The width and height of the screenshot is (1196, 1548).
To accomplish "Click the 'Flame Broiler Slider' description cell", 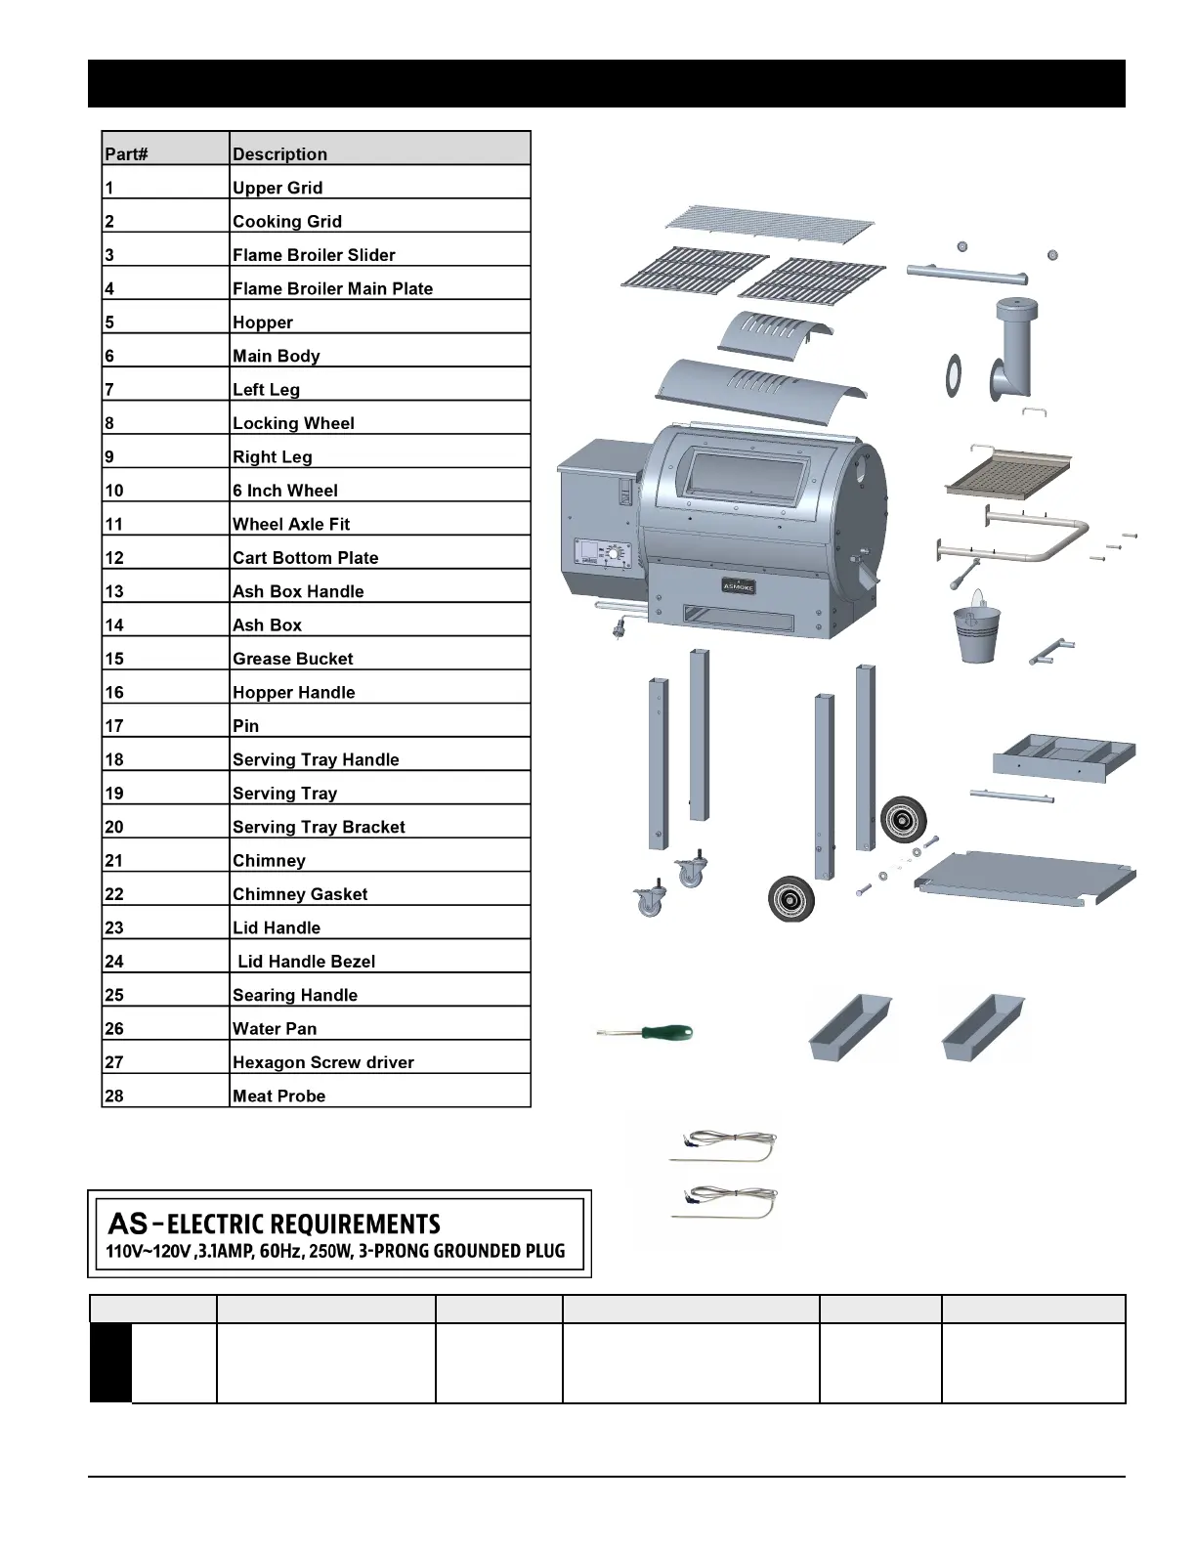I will [314, 255].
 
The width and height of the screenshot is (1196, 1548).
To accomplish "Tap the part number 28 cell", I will [114, 1096].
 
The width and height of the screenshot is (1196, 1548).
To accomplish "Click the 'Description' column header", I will [279, 153].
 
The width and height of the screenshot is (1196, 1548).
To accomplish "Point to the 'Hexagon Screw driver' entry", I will [322, 1062].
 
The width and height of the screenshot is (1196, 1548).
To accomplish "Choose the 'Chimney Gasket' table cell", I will [300, 894].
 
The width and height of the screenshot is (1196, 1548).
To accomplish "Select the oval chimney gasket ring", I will [953, 375].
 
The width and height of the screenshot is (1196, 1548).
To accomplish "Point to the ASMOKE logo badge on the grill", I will [738, 585].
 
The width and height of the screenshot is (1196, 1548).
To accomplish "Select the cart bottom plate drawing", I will [1026, 876].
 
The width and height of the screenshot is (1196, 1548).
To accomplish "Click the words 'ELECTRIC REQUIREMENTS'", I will [304, 1225].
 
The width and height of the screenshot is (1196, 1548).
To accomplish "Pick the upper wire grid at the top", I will [769, 226].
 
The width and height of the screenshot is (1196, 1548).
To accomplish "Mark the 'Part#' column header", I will [126, 153].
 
